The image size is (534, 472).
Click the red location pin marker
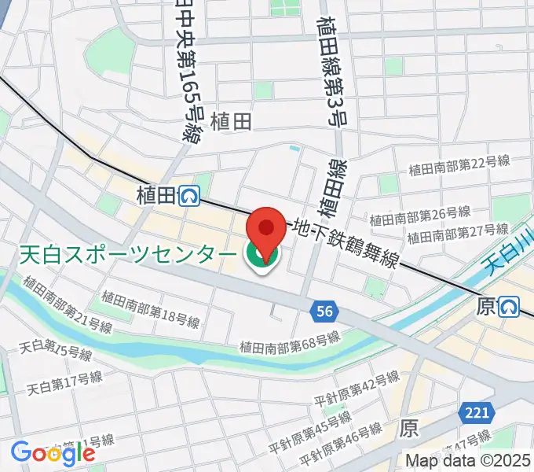(x=266, y=228)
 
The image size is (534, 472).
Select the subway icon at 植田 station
(x=188, y=195)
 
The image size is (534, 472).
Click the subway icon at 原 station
(x=511, y=305)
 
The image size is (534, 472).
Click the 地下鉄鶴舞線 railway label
(x=345, y=244)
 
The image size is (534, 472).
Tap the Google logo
(x=53, y=452)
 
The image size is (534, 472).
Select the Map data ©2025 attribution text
(x=468, y=460)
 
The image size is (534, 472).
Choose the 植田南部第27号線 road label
(x=457, y=233)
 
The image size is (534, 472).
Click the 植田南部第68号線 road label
(x=290, y=342)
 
